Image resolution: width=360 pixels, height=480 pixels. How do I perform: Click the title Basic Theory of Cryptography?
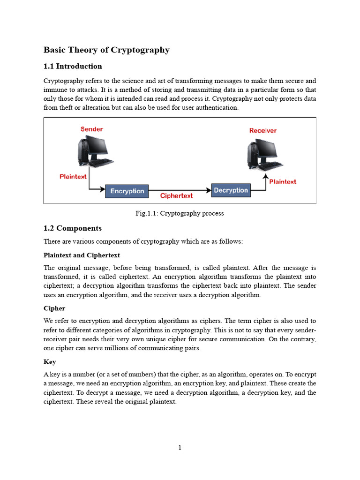(x=106, y=50)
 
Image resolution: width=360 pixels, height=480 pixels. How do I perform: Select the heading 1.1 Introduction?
(x=73, y=66)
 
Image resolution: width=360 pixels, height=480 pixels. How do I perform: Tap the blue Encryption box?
(x=127, y=191)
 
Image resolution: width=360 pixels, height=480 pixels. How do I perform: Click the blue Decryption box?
(x=231, y=190)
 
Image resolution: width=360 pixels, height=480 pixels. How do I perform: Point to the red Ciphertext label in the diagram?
(x=177, y=196)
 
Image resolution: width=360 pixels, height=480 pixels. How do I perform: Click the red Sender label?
(x=91, y=129)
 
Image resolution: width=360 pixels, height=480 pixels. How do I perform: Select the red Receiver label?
(x=262, y=130)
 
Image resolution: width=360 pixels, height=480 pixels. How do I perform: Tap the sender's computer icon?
(x=94, y=151)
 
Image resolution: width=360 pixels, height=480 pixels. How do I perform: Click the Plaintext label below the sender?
(x=73, y=177)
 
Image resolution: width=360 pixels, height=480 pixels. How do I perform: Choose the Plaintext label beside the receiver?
(x=283, y=181)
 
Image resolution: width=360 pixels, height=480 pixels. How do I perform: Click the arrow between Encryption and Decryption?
(x=180, y=190)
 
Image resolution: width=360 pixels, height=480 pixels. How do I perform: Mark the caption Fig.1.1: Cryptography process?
(x=180, y=213)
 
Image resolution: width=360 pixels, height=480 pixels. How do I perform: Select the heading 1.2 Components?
(x=72, y=228)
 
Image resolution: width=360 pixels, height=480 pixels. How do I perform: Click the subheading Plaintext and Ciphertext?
(x=82, y=255)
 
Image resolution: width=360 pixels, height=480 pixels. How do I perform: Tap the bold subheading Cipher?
(x=54, y=308)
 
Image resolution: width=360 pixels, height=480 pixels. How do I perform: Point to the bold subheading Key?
(x=50, y=362)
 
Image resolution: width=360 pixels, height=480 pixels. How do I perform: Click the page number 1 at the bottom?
(x=180, y=448)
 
